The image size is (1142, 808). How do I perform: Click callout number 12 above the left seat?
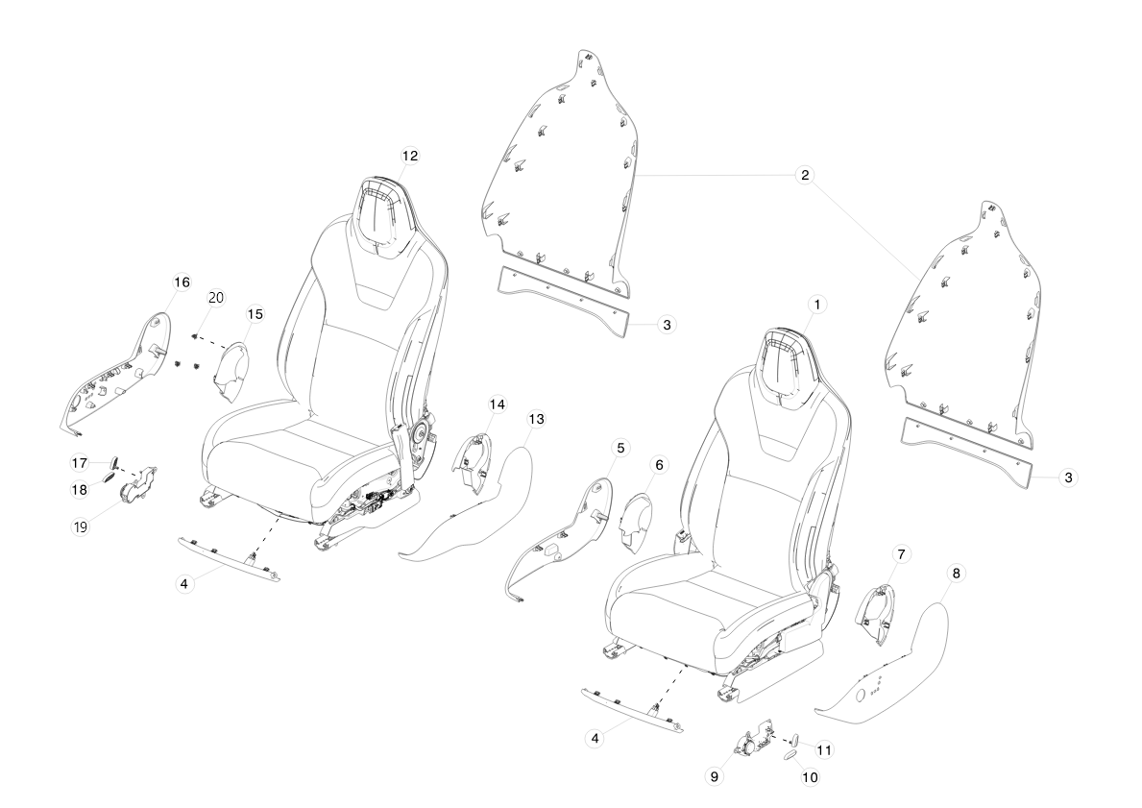tap(410, 156)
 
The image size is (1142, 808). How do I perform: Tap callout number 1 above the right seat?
tap(817, 305)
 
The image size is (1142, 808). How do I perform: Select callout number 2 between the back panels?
tap(805, 175)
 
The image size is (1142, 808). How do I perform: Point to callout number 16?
tap(182, 282)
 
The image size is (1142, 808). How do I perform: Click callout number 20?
tap(216, 297)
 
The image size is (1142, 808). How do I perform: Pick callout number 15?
tap(255, 314)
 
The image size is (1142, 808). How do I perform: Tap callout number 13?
tap(536, 419)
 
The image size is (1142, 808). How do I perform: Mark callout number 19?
tap(80, 526)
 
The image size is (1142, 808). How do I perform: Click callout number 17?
tap(80, 463)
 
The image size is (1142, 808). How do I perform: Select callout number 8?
tap(956, 573)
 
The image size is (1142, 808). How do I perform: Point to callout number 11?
tap(824, 749)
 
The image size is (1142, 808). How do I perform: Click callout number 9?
tap(714, 776)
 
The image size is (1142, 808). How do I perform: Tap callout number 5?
tap(620, 448)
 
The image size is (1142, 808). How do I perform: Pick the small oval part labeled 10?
tap(791, 758)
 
